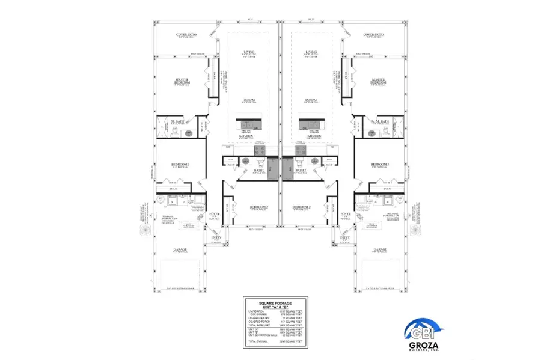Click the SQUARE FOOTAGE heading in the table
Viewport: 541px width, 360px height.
click(x=275, y=302)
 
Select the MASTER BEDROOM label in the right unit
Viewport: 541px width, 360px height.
click(x=378, y=80)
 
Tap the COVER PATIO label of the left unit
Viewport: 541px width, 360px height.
click(x=186, y=35)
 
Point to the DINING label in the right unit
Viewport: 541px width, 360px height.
click(x=311, y=100)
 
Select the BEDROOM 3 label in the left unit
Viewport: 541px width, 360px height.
click(x=180, y=164)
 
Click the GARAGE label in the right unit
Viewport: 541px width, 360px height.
click(x=379, y=249)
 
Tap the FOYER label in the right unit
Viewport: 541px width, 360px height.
click(x=345, y=214)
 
